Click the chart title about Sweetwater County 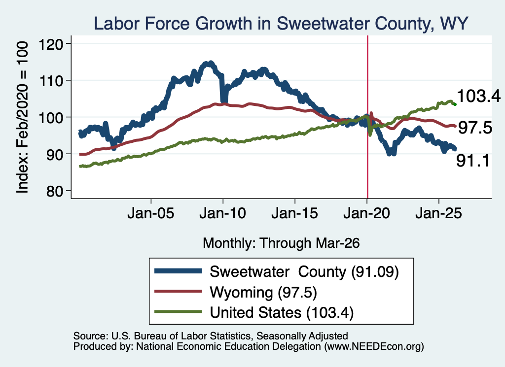pyautogui.click(x=281, y=24)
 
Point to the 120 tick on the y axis pyautogui.click(x=51, y=44)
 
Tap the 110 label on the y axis pyautogui.click(x=51, y=80)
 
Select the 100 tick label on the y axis pyautogui.click(x=51, y=117)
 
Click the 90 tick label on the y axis pyautogui.click(x=55, y=154)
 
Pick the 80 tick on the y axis pyautogui.click(x=55, y=191)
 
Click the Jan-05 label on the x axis pyautogui.click(x=151, y=213)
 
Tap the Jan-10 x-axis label pyautogui.click(x=222, y=213)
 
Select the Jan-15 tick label pyautogui.click(x=295, y=213)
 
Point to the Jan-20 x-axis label pyautogui.click(x=367, y=213)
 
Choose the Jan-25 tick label pyautogui.click(x=438, y=213)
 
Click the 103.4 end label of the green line pyautogui.click(x=478, y=96)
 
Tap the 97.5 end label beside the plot pyautogui.click(x=475, y=128)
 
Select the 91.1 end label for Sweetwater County pyautogui.click(x=473, y=161)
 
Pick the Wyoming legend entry pyautogui.click(x=236, y=292)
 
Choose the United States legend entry pyautogui.click(x=254, y=312)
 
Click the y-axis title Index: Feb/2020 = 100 pyautogui.click(x=22, y=117)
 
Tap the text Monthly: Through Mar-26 pyautogui.click(x=281, y=243)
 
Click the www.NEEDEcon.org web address pyautogui.click(x=374, y=346)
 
